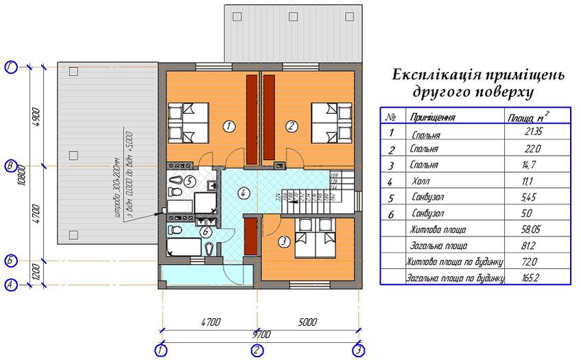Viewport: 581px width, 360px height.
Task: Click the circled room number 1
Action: (x=229, y=125)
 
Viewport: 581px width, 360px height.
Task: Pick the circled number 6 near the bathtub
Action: (x=205, y=231)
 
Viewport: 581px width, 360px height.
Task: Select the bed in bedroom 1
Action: (x=188, y=122)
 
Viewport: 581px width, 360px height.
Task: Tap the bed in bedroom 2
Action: (x=332, y=122)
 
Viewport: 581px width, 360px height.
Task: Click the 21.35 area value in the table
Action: (x=533, y=133)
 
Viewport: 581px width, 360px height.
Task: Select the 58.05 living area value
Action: (x=532, y=230)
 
